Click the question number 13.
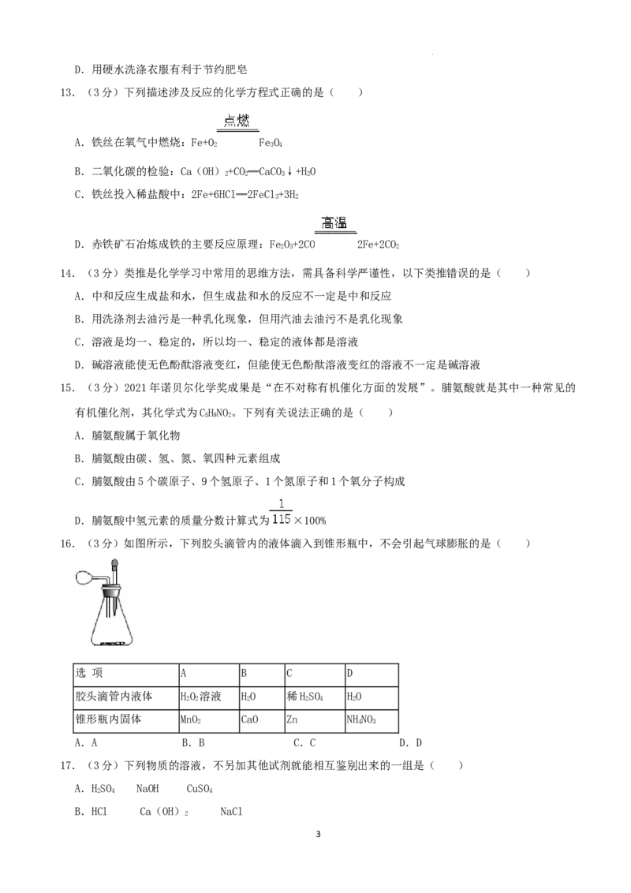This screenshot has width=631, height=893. pyautogui.click(x=67, y=92)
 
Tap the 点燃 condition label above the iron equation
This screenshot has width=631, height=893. pyautogui.click(x=237, y=121)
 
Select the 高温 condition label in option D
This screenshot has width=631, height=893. pyautogui.click(x=334, y=222)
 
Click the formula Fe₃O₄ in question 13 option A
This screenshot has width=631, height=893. pyautogui.click(x=271, y=142)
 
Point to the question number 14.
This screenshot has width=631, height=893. pyautogui.click(x=67, y=274)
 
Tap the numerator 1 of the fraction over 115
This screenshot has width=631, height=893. pyautogui.click(x=282, y=504)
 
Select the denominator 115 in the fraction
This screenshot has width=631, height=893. pyautogui.click(x=282, y=519)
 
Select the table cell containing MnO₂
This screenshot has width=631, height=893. pyautogui.click(x=209, y=720)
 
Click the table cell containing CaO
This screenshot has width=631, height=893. pyautogui.click(x=262, y=720)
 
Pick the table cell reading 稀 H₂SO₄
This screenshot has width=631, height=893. pyautogui.click(x=315, y=697)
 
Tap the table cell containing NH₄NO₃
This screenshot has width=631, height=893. pyautogui.click(x=372, y=720)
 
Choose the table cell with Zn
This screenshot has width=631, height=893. pyautogui.click(x=315, y=720)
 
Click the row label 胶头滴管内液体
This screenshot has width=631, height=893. pyautogui.click(x=114, y=697)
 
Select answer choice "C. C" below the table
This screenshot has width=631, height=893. pyautogui.click(x=304, y=742)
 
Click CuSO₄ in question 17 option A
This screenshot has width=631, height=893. pyautogui.click(x=200, y=790)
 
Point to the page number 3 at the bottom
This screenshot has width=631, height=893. pyautogui.click(x=318, y=835)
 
